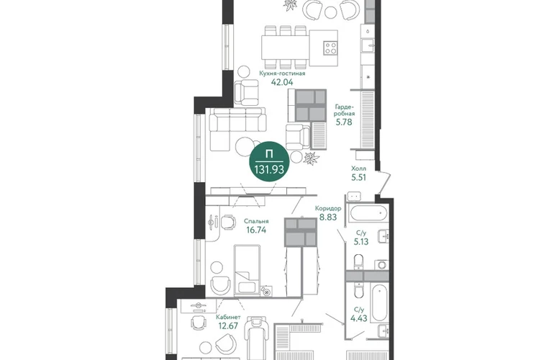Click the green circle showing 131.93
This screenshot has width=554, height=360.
269,163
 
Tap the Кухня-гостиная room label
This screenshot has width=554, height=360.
282,73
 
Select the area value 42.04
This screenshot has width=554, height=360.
282,82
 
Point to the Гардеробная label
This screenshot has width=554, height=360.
344,110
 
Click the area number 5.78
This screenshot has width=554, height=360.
344,122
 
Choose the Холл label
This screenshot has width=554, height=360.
358,168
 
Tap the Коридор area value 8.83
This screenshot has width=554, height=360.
328,217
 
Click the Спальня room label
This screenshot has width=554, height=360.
256,221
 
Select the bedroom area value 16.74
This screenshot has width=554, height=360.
256,230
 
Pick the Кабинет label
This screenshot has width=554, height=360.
228,318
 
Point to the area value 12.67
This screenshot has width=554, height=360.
228,326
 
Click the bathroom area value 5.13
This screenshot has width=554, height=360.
361,242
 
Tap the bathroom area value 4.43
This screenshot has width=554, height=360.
358,319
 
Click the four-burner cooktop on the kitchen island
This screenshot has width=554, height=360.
330,48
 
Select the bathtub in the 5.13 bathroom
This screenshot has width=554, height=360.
368,213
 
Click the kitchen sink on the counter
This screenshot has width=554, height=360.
368,45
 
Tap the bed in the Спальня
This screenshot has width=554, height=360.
247,269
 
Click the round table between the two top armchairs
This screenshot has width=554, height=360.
331,12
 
